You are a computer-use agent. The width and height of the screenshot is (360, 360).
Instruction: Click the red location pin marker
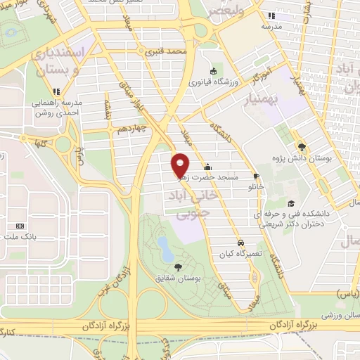point(181,165)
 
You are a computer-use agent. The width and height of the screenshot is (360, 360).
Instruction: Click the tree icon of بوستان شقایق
point(176,266)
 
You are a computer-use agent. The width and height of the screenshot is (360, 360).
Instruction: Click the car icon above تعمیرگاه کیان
point(240,240)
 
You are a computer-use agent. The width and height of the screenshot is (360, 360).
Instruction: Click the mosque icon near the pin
point(207,167)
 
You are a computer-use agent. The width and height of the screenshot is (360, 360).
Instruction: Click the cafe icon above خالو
point(255,176)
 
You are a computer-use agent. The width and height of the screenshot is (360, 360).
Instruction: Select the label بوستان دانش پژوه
point(323,158)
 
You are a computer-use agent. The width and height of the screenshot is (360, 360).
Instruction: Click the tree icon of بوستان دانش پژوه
point(302,146)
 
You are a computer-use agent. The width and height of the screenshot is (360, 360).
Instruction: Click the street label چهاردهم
point(131,129)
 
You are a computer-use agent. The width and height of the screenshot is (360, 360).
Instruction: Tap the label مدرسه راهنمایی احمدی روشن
point(59,108)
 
